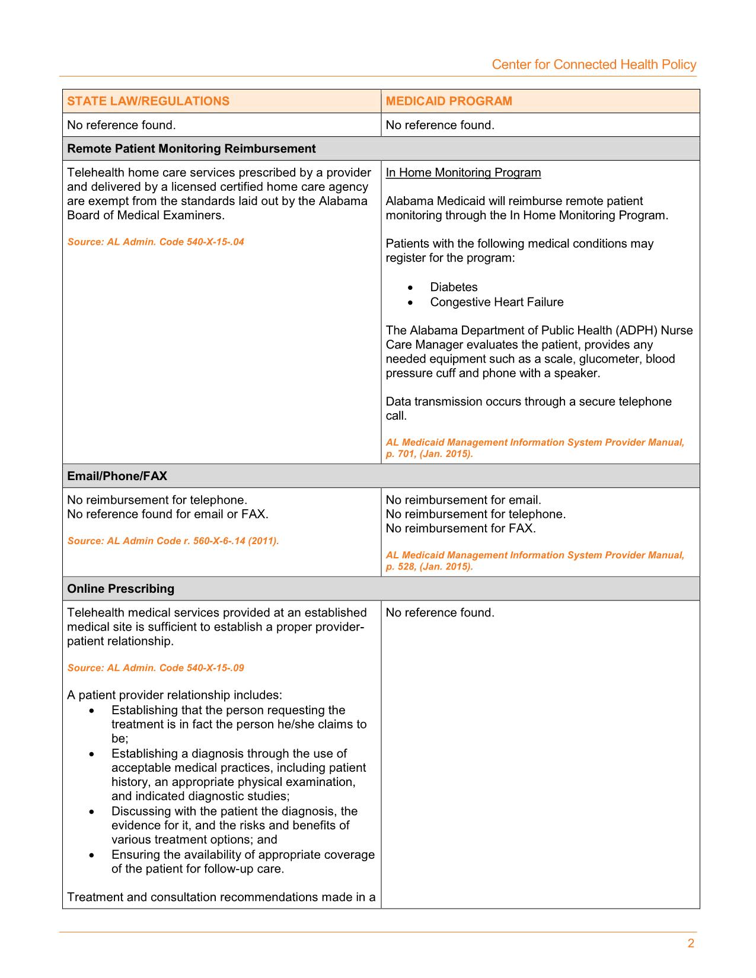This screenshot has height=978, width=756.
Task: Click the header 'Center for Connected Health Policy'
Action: [x=594, y=65]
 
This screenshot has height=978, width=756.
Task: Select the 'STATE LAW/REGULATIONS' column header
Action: [x=148, y=101]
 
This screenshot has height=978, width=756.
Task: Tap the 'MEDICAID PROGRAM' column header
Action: [x=449, y=101]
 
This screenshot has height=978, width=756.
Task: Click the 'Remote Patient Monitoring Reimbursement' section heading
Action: [x=192, y=149]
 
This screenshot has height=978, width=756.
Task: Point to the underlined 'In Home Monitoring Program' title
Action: [x=463, y=172]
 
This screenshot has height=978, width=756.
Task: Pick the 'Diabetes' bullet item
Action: [x=454, y=287]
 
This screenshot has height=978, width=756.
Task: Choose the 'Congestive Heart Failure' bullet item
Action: [x=497, y=302]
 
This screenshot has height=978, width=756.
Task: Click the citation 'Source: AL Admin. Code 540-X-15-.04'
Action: [x=155, y=242]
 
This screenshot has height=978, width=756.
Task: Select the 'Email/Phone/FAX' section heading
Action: [x=117, y=476]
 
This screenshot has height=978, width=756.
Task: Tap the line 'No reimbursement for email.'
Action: [x=464, y=500]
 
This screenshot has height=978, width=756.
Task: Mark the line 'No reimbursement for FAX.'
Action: [x=461, y=528]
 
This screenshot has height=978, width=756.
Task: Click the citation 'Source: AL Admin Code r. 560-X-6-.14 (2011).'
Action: [x=173, y=541]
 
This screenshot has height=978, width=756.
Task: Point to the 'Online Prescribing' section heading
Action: [x=121, y=589]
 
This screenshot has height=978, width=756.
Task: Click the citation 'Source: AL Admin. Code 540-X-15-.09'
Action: [x=155, y=668]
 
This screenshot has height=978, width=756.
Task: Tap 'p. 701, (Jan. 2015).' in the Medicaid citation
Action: [x=429, y=454]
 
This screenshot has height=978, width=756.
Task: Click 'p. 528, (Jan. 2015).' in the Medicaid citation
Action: [x=429, y=567]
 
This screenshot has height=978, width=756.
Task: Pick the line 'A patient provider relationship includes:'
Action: [x=175, y=695]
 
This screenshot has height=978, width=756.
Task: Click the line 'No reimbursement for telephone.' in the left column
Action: [x=157, y=500]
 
